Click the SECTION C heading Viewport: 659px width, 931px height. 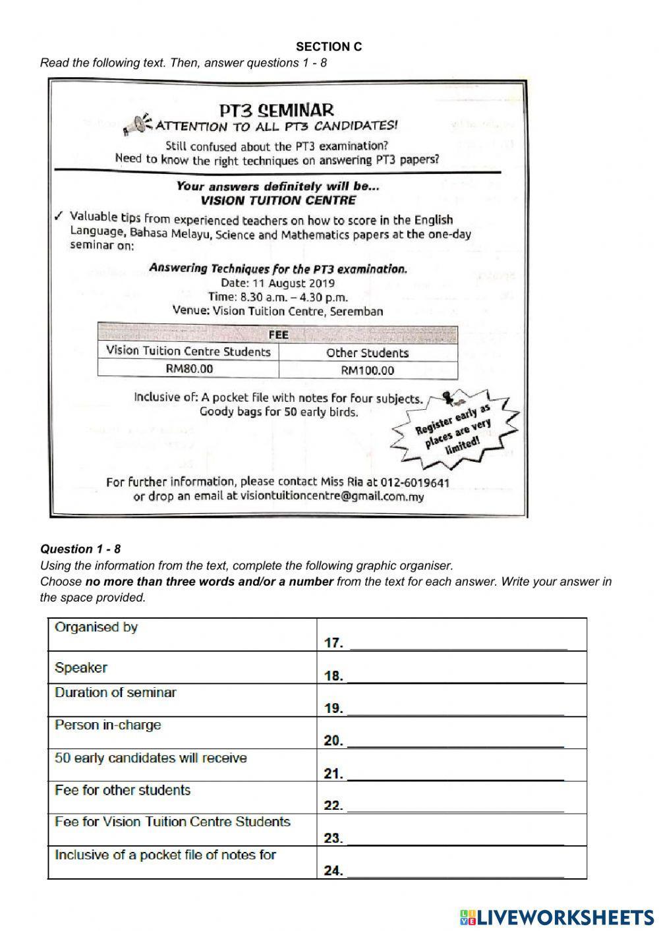pyautogui.click(x=329, y=47)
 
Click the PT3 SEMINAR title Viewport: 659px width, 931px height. pyautogui.click(x=277, y=109)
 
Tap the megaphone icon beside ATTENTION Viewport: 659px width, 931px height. pyautogui.click(x=136, y=124)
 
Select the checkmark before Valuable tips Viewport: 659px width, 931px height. pyautogui.click(x=59, y=217)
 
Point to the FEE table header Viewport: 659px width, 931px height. pyautogui.click(x=277, y=335)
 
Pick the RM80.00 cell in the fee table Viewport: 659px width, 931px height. pyautogui.click(x=189, y=369)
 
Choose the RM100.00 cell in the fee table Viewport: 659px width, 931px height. pyautogui.click(x=367, y=370)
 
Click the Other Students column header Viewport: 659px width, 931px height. pyautogui.click(x=367, y=353)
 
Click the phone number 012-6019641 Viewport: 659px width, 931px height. pyautogui.click(x=415, y=482)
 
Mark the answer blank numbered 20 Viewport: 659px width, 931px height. pyautogui.click(x=455, y=741)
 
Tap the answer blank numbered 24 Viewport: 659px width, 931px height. pyautogui.click(x=455, y=870)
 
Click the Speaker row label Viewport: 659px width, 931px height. pyautogui.click(x=80, y=667)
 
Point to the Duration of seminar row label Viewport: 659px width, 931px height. pyautogui.click(x=115, y=692)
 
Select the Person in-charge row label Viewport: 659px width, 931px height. pyautogui.click(x=107, y=725)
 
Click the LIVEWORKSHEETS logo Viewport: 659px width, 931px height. pyautogui.click(x=556, y=917)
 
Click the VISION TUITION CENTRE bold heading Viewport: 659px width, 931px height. pyautogui.click(x=278, y=200)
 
